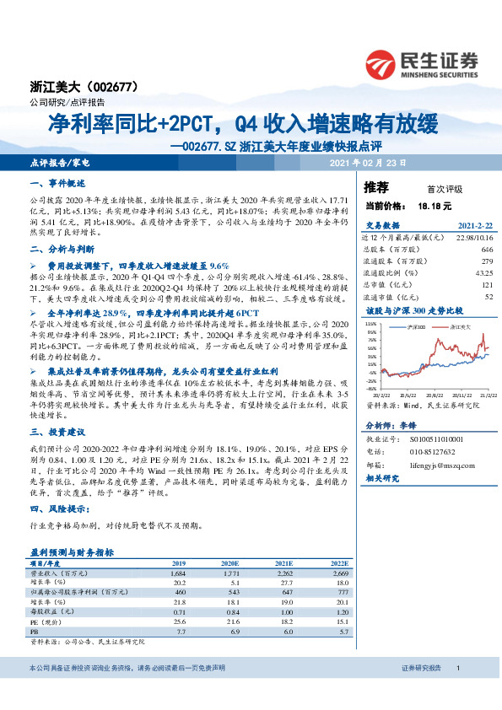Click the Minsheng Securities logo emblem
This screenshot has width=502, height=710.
click(x=381, y=63)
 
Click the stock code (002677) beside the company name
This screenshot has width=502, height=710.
click(x=107, y=87)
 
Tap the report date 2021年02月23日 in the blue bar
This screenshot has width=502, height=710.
click(x=368, y=161)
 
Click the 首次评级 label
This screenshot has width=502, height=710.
click(x=445, y=188)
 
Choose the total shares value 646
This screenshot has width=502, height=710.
click(x=486, y=250)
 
